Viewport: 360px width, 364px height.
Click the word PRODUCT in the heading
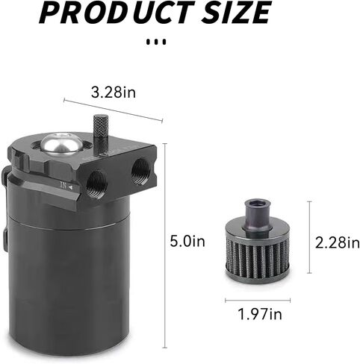(x=117, y=12)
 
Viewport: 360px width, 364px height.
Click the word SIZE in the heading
(x=235, y=12)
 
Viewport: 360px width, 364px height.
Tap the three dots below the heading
(x=156, y=42)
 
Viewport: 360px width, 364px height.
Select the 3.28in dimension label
(x=114, y=92)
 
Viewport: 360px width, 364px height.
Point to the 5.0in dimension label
(x=187, y=241)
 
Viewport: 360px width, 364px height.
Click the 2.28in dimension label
(x=338, y=242)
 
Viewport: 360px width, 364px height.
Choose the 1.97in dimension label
(x=260, y=314)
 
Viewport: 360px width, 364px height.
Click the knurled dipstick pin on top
(x=100, y=134)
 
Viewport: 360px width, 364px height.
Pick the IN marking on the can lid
(x=66, y=186)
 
